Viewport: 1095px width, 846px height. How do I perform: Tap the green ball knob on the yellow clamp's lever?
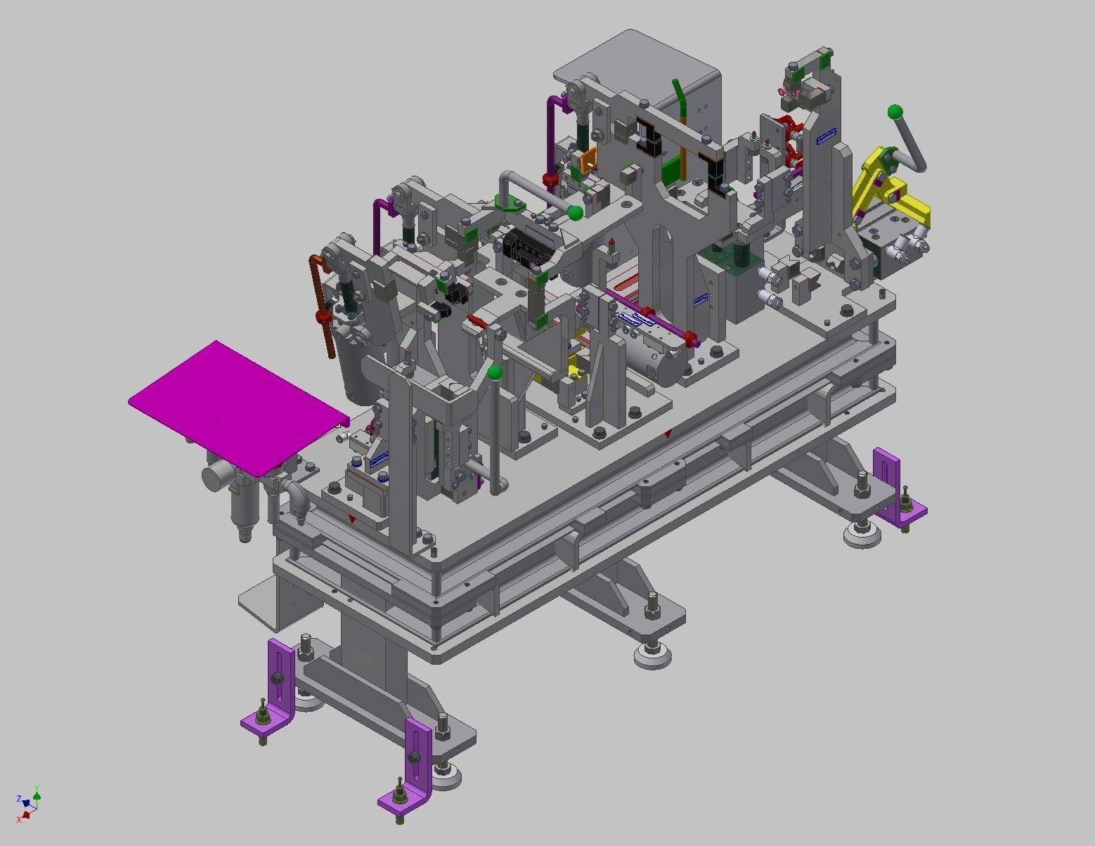point(895,112)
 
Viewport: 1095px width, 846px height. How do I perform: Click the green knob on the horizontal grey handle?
point(575,212)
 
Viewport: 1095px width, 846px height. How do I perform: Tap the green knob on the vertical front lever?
point(495,372)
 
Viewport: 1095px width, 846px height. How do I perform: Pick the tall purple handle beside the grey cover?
point(552,137)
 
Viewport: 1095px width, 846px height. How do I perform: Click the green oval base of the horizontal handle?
point(510,203)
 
